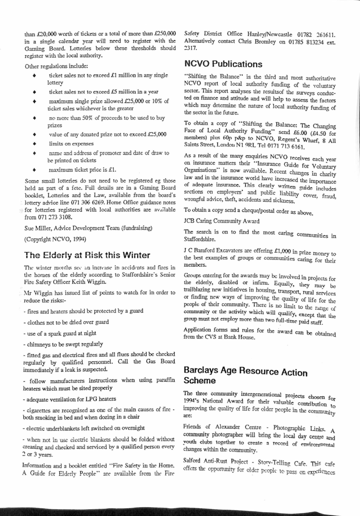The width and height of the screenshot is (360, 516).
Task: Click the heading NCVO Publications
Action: click(x=223, y=64)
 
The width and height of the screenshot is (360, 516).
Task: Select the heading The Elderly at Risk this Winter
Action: click(x=87, y=255)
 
